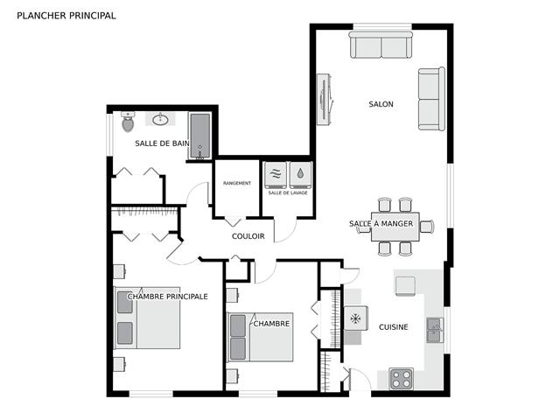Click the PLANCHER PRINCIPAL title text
point(66,16)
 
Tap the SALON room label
point(381,104)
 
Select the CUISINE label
point(393,327)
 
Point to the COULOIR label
point(248,236)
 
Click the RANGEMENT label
point(237,183)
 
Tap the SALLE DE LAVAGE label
point(288,192)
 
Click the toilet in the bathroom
point(128,122)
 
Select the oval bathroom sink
point(160,120)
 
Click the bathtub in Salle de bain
point(200,136)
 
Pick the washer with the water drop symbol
point(301,175)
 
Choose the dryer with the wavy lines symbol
point(276,175)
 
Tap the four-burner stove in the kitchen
point(402,379)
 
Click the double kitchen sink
point(435,330)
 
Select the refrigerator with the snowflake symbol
point(356,318)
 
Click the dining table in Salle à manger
point(395,227)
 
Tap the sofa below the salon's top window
point(381,45)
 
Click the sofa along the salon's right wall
point(431,99)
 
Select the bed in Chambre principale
point(147,318)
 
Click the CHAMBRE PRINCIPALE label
point(167,297)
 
